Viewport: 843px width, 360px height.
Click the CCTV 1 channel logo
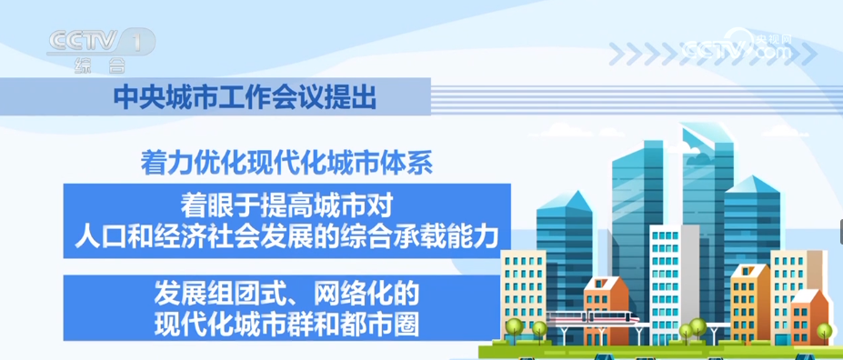(x=101, y=42)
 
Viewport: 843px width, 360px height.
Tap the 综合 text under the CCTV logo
(x=100, y=65)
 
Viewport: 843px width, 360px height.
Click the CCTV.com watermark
(x=738, y=47)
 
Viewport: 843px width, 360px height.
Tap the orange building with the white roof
(x=809, y=316)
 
